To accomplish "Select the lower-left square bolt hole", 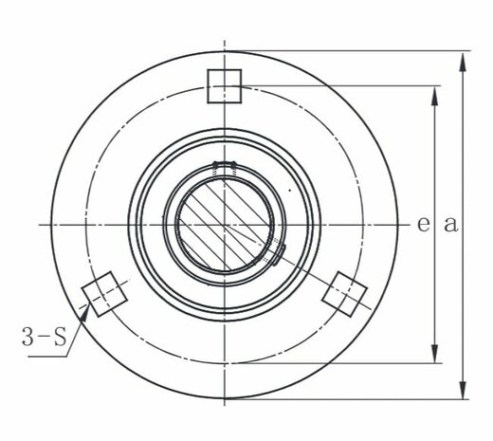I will coord(103,294).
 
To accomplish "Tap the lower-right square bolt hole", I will coord(345,294).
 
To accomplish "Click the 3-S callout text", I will coord(43,335).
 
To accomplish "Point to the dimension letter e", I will coord(423,224).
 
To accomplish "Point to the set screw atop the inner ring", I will coord(225,168).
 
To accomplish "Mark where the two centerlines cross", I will coord(225,225).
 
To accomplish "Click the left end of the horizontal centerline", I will coord(40,225).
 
